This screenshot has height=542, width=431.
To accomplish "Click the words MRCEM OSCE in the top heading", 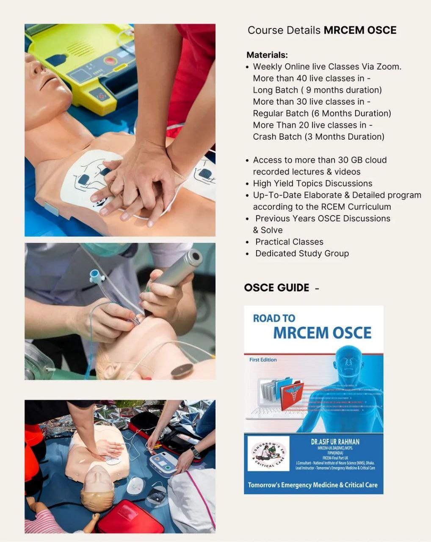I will (x=360, y=30).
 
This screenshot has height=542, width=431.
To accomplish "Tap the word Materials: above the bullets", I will (x=267, y=55).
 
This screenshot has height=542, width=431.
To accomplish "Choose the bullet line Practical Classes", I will (x=289, y=242).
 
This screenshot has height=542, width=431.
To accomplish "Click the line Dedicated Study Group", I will (x=302, y=254).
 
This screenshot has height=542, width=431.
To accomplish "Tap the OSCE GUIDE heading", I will (x=276, y=288).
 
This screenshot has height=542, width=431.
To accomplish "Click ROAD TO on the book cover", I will (x=274, y=318).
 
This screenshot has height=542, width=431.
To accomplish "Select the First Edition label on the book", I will (x=263, y=360).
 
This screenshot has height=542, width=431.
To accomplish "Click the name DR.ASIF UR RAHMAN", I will (x=335, y=442).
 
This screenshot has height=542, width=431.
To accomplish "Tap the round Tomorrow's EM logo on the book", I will (x=268, y=454).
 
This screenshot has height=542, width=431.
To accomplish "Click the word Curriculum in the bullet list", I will (x=368, y=207).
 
